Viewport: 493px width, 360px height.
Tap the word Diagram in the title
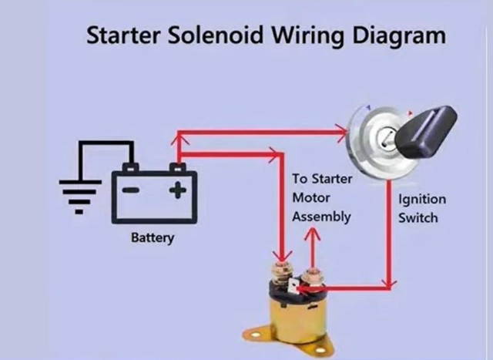tap(397, 36)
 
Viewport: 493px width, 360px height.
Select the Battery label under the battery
tap(153, 237)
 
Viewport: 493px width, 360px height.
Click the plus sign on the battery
tap(179, 190)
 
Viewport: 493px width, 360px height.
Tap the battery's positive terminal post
tap(178, 167)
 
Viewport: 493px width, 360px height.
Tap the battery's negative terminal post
tap(131, 167)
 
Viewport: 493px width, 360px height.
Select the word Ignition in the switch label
tap(421, 200)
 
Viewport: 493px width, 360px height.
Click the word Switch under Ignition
tap(418, 217)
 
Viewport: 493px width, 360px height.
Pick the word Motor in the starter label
tap(310, 197)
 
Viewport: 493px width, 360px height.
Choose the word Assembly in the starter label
tap(321, 217)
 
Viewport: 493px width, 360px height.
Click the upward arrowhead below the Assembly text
tap(313, 235)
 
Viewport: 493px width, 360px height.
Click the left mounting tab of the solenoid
tap(253, 332)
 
